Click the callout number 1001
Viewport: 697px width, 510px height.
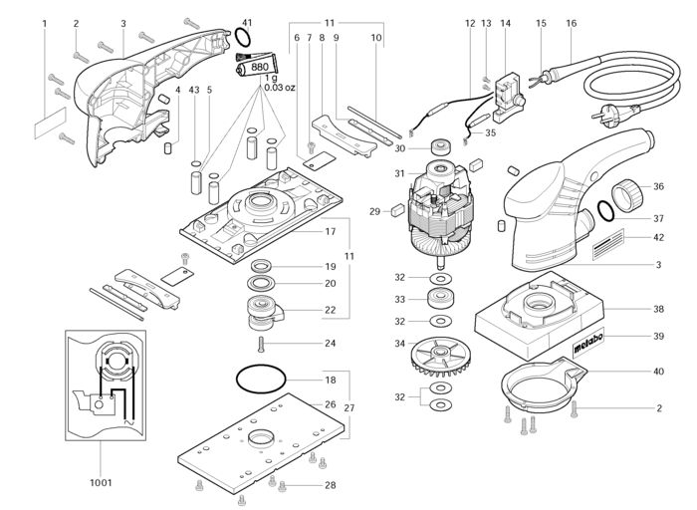pyautogui.click(x=100, y=482)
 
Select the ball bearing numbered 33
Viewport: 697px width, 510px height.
pyautogui.click(x=439, y=299)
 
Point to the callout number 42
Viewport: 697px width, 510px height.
pyautogui.click(x=659, y=236)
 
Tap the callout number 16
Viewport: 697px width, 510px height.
pyautogui.click(x=572, y=22)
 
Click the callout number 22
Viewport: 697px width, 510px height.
pyautogui.click(x=330, y=310)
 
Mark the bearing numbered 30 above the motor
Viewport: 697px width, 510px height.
pyautogui.click(x=438, y=148)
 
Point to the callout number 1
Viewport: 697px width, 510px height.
pyautogui.click(x=45, y=22)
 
